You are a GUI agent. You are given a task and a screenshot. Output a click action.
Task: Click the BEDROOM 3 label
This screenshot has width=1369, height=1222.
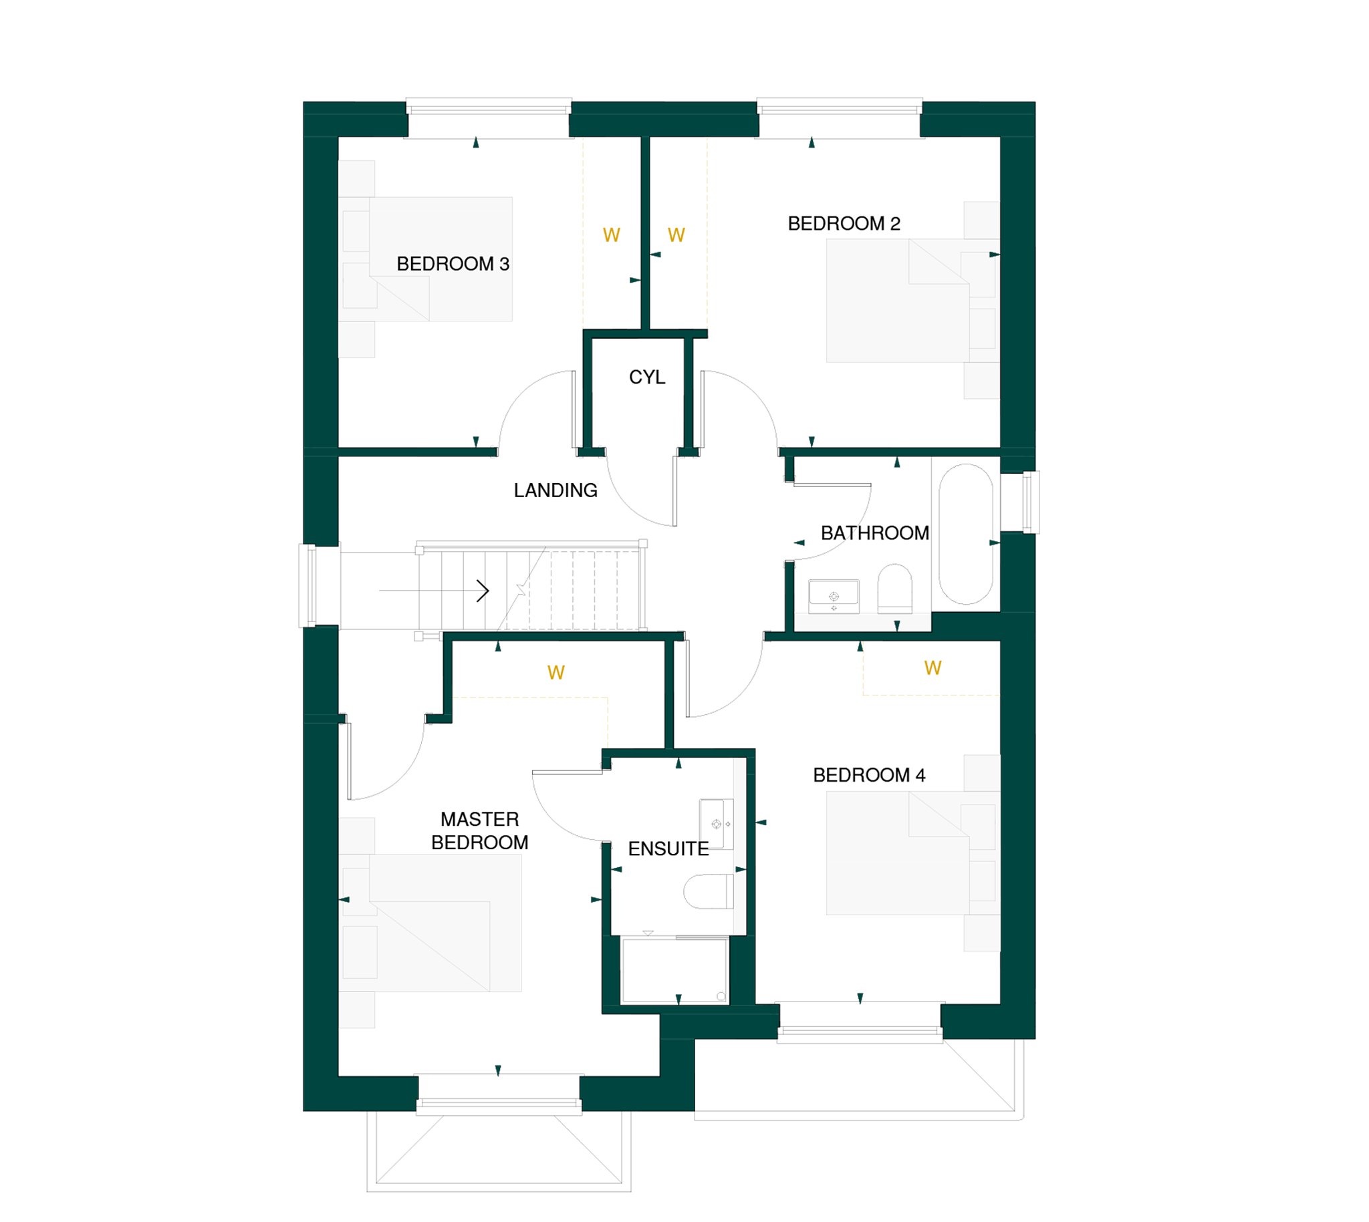point(452,264)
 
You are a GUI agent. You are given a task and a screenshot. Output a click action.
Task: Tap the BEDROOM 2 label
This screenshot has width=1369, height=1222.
point(843,224)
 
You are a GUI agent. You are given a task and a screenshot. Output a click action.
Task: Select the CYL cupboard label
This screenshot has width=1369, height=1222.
point(646,377)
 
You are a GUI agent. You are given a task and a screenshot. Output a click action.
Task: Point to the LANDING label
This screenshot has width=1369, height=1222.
point(555,491)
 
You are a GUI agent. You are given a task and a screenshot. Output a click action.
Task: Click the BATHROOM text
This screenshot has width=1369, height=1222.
point(874,533)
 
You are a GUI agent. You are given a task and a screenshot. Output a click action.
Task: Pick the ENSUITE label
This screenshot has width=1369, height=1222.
point(668,849)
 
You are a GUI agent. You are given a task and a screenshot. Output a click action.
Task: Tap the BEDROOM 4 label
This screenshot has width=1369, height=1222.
point(868,775)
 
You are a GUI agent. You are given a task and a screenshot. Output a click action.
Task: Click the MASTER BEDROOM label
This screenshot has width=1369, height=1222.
point(480,830)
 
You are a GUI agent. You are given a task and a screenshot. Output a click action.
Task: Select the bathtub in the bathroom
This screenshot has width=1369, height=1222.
point(965,534)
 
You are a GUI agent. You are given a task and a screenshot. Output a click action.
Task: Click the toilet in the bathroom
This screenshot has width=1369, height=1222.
point(894,588)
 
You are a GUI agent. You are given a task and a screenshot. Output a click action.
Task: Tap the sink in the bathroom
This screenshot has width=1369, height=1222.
point(834,596)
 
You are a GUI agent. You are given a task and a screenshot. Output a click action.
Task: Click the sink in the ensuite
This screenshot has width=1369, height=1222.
point(716,824)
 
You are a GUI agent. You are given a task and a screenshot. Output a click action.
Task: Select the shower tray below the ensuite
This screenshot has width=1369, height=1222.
point(674,971)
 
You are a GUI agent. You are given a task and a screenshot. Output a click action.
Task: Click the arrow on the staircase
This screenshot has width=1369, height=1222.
point(434,591)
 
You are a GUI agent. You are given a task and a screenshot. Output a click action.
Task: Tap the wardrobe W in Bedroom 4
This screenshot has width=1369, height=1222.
point(932,668)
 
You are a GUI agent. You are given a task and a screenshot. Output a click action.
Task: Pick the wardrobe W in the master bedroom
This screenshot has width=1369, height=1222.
point(555,673)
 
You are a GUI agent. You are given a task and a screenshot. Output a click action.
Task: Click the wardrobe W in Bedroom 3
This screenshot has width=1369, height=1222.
point(611,235)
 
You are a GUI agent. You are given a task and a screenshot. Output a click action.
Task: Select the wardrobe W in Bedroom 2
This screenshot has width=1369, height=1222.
point(676,235)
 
